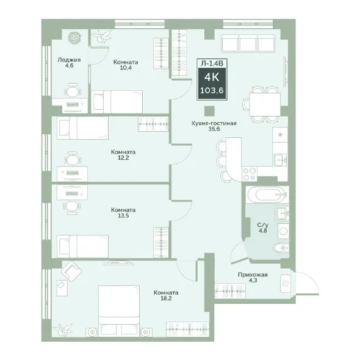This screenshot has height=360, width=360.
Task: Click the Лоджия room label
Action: (x=69, y=60)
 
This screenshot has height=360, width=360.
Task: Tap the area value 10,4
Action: (x=126, y=68)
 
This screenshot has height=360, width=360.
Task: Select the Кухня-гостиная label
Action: (x=214, y=123)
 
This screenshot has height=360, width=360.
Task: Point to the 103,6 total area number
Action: (x=212, y=90)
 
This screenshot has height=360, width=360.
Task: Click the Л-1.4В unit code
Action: (x=212, y=63)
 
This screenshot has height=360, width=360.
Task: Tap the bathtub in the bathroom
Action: (x=267, y=195)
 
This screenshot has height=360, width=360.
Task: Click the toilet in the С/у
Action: (x=281, y=248)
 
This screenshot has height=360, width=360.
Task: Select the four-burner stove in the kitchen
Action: (x=250, y=174)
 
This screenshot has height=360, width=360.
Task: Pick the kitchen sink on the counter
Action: (x=280, y=159)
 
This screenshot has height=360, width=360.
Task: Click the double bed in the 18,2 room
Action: (x=119, y=311)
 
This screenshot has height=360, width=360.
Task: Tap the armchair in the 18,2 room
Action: (x=71, y=272)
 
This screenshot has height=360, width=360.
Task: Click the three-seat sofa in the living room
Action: (x=248, y=43)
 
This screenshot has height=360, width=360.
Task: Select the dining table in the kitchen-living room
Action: (x=265, y=104)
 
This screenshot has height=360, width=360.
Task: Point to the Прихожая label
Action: (x=253, y=275)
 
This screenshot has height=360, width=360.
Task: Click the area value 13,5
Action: (x=123, y=215)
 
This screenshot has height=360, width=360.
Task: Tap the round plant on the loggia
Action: (x=74, y=37)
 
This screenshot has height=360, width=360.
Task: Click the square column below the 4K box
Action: (x=209, y=111)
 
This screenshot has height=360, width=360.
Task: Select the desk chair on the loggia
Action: (x=73, y=91)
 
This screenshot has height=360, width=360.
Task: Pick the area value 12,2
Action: (x=123, y=158)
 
